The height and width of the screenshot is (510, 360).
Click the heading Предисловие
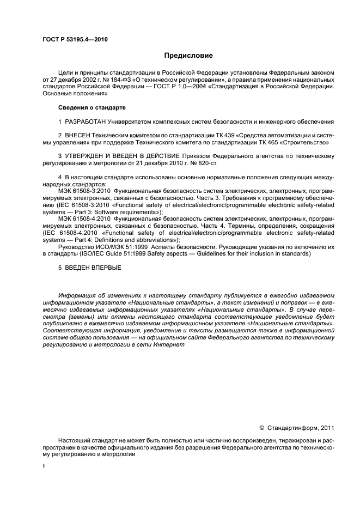point(189,56)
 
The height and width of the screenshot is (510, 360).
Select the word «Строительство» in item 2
point(308,142)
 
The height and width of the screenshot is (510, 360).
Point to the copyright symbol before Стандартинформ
point(261,428)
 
